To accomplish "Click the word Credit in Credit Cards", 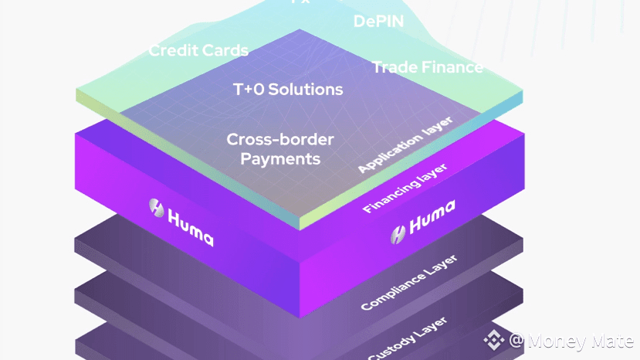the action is (x=172, y=51).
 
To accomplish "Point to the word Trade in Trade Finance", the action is (x=395, y=67).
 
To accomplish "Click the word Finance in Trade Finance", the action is (x=452, y=67).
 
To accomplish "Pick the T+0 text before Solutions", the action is (x=247, y=90).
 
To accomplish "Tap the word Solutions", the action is (x=305, y=90).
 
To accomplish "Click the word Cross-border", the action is (x=279, y=141).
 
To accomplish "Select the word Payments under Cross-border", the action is (x=279, y=160).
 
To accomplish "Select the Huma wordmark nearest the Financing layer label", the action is (x=431, y=219).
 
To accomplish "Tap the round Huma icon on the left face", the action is (x=157, y=207).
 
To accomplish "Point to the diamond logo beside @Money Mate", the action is (x=493, y=340).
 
